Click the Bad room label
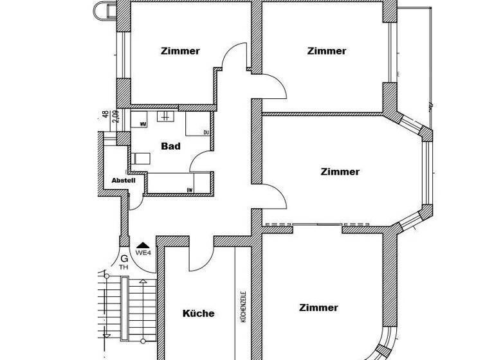170,147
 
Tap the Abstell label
123,181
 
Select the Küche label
199,314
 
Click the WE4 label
143,253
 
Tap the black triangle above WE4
143,245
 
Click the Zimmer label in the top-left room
181,51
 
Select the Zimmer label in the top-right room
327,51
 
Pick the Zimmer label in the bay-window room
340,172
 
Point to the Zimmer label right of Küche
318,308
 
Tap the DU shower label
206,133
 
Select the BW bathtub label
190,190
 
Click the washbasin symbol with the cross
165,116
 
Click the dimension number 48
105,114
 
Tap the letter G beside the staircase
123,258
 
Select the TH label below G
123,267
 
